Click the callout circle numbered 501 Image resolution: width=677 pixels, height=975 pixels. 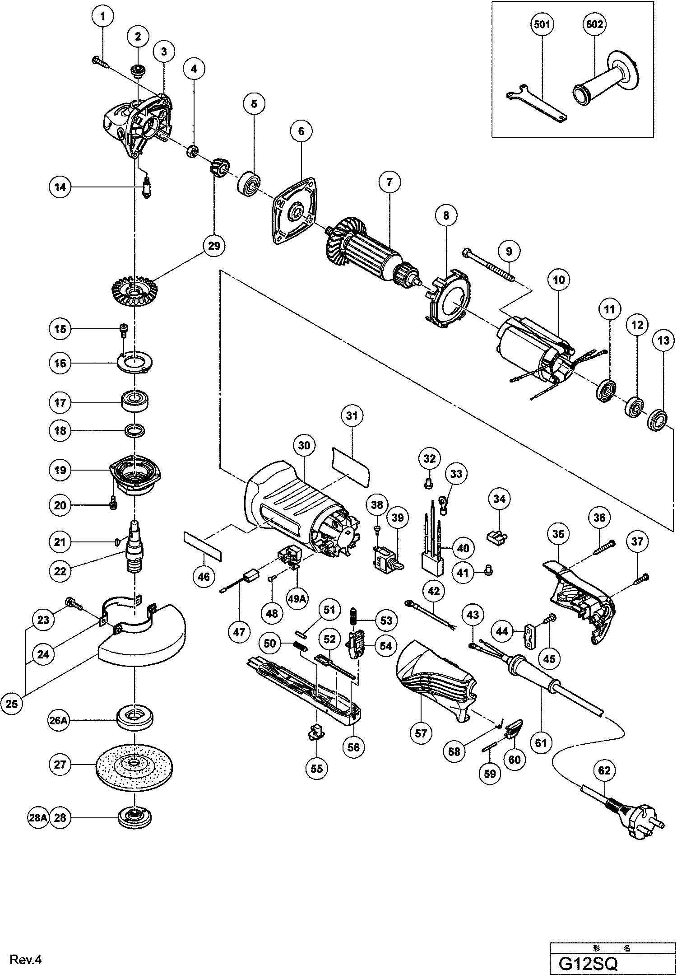542,24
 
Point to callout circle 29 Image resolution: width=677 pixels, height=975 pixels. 214,246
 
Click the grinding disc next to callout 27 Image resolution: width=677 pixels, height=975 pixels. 134,765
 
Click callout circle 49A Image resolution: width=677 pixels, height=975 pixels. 297,599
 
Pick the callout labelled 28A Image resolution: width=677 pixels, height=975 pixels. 37,818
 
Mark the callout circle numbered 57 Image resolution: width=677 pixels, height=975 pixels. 421,733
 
